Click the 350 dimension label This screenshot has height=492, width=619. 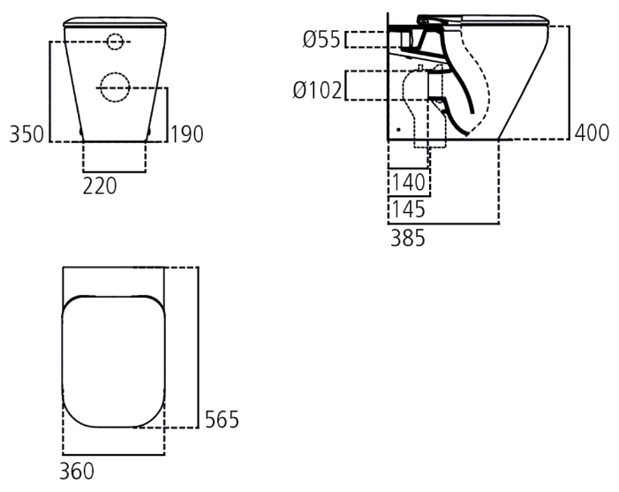coord(26,134)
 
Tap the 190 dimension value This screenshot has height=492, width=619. coord(186,134)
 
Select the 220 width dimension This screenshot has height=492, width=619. coord(100,186)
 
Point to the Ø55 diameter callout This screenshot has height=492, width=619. coord(321,40)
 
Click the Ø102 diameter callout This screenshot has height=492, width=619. coord(317,90)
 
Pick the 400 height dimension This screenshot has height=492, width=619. coord(592,132)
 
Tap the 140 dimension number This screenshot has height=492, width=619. coord(408,183)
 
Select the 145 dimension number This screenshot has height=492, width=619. coord(408,209)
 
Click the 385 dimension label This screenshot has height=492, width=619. coord(408,238)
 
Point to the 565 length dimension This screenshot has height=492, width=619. coord(222,420)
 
